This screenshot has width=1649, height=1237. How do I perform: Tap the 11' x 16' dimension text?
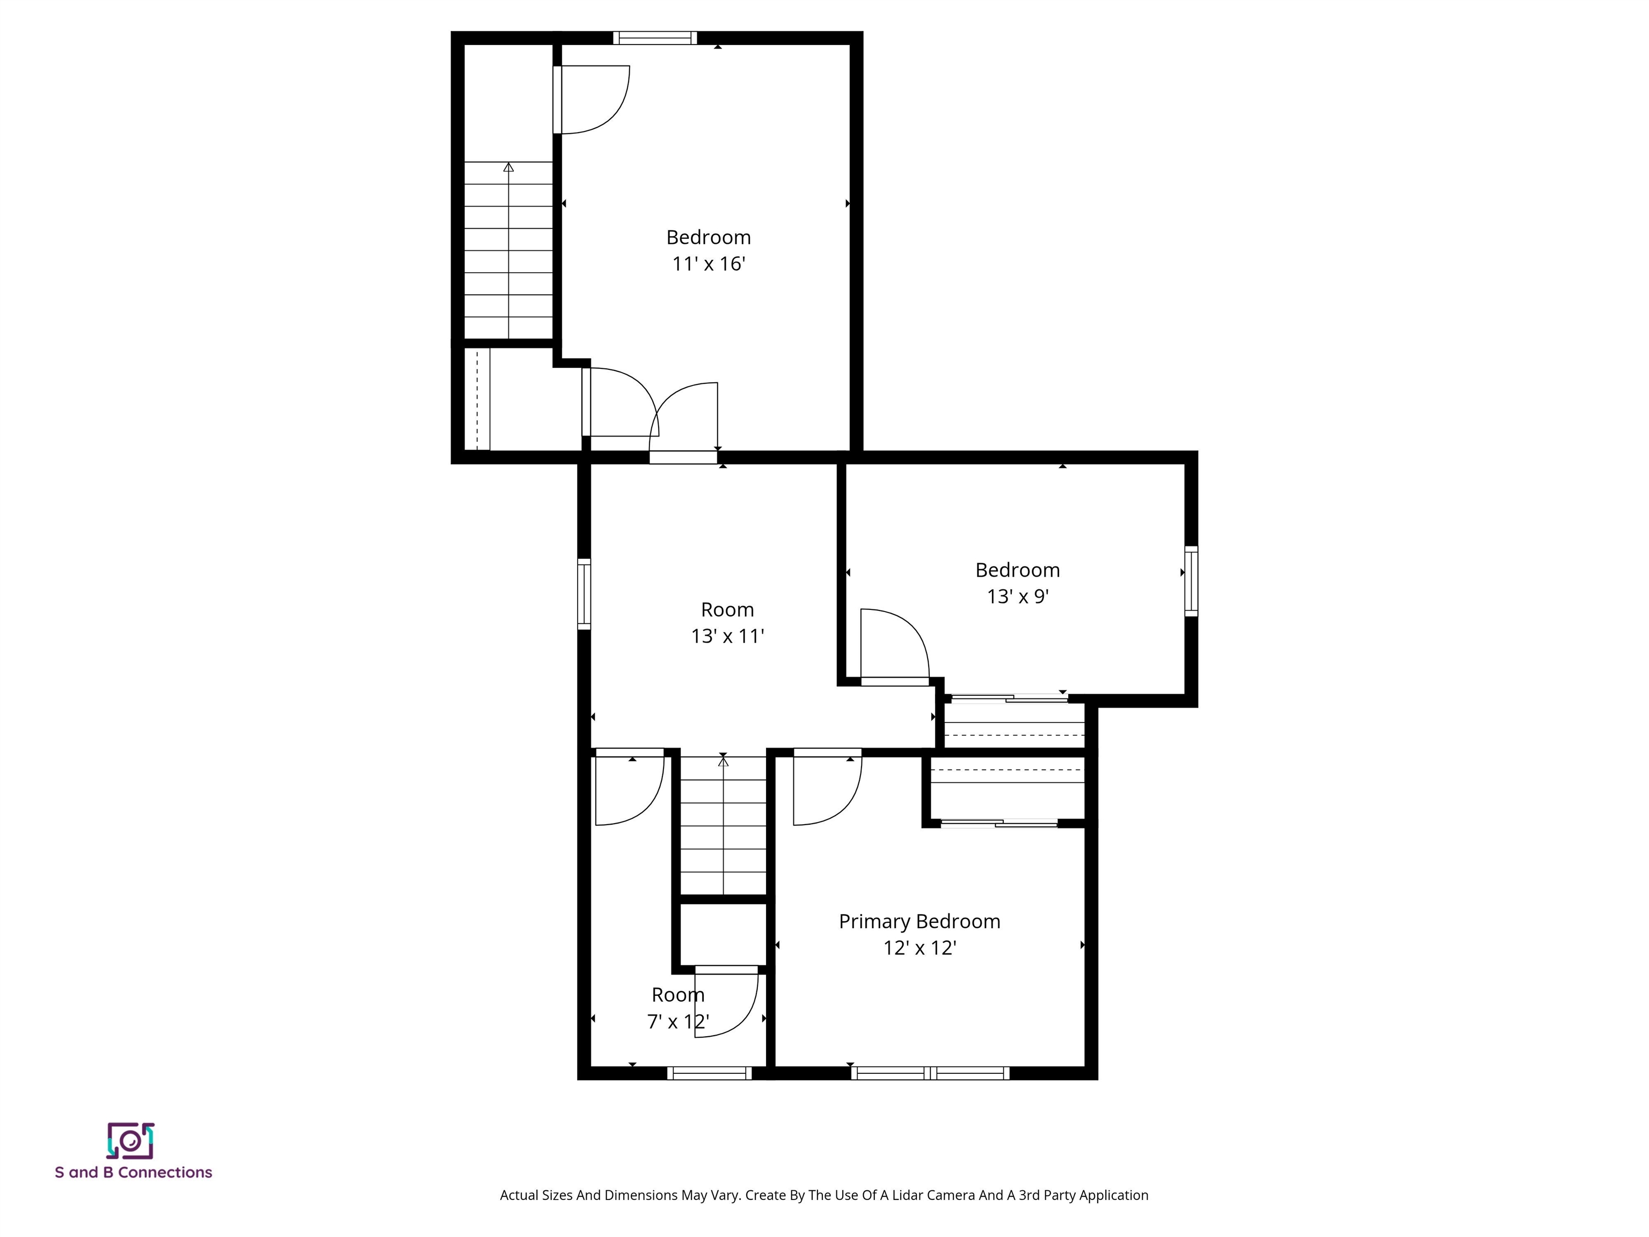click(708, 264)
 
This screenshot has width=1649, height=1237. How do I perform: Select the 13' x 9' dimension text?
click(1018, 596)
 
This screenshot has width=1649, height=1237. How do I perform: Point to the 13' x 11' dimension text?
click(727, 636)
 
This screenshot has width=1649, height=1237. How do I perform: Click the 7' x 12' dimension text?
click(677, 1022)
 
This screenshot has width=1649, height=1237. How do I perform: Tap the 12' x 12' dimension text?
click(919, 948)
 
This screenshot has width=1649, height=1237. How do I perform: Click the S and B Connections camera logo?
click(130, 1141)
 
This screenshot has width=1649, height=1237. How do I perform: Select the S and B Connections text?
click(134, 1172)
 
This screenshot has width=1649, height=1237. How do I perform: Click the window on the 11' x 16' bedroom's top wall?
click(654, 38)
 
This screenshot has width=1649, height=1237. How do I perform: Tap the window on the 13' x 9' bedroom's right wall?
click(1191, 581)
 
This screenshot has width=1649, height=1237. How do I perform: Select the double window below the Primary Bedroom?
click(930, 1073)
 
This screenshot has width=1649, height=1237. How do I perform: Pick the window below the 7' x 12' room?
click(709, 1073)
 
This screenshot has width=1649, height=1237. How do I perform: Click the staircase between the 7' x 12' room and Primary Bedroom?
click(723, 824)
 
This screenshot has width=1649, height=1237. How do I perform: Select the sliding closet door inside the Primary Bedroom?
click(999, 823)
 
